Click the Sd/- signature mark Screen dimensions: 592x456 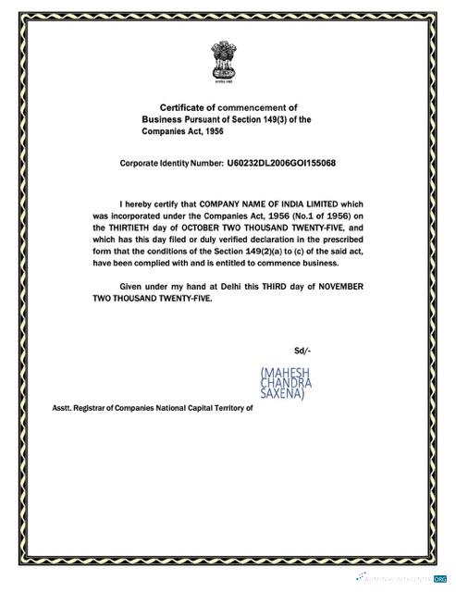click(x=302, y=351)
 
